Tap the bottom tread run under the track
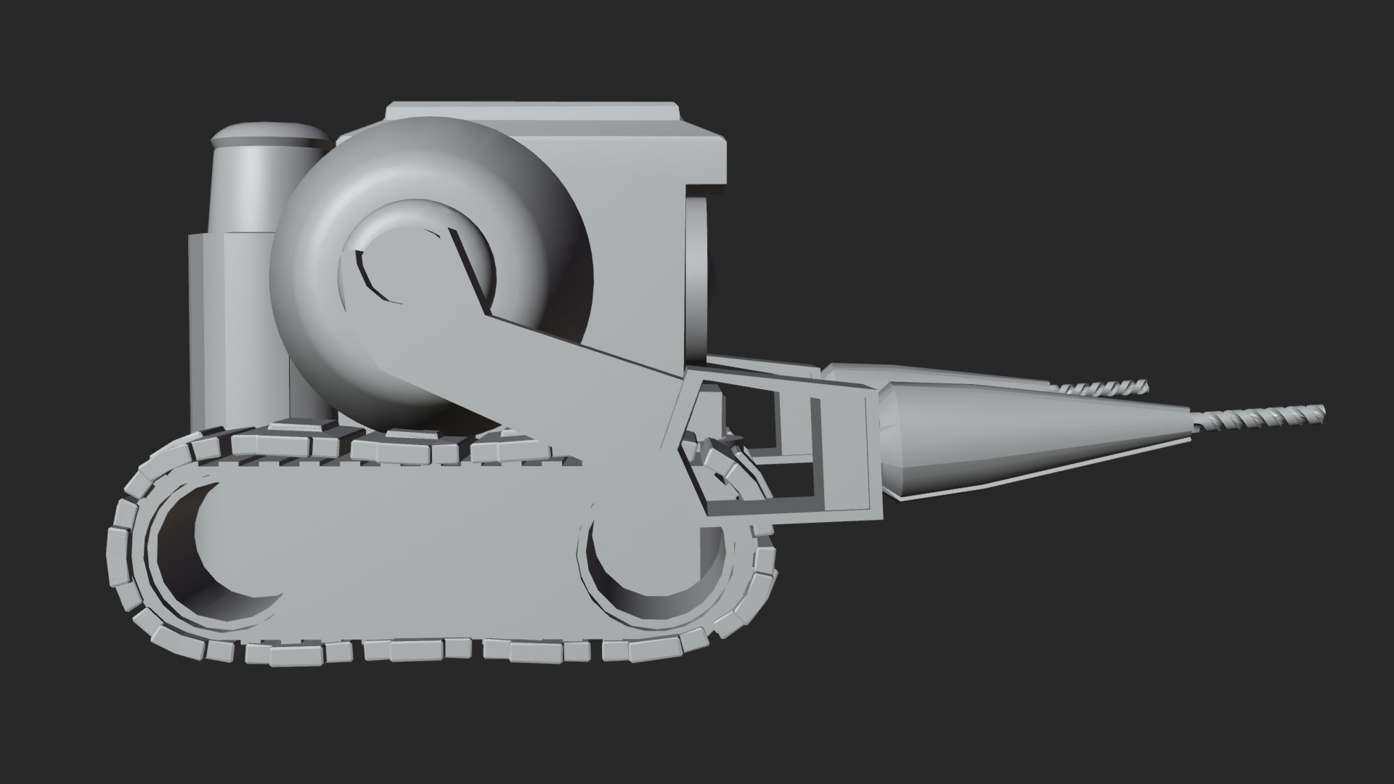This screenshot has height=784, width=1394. click(x=436, y=650)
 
